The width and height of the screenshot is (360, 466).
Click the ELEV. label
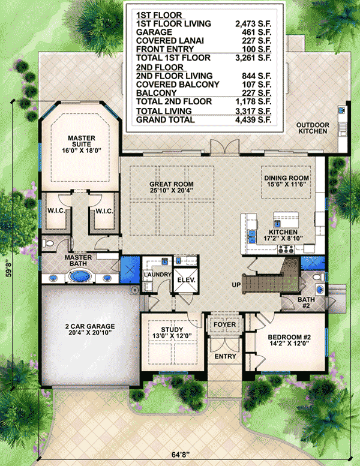coord(182,279)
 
